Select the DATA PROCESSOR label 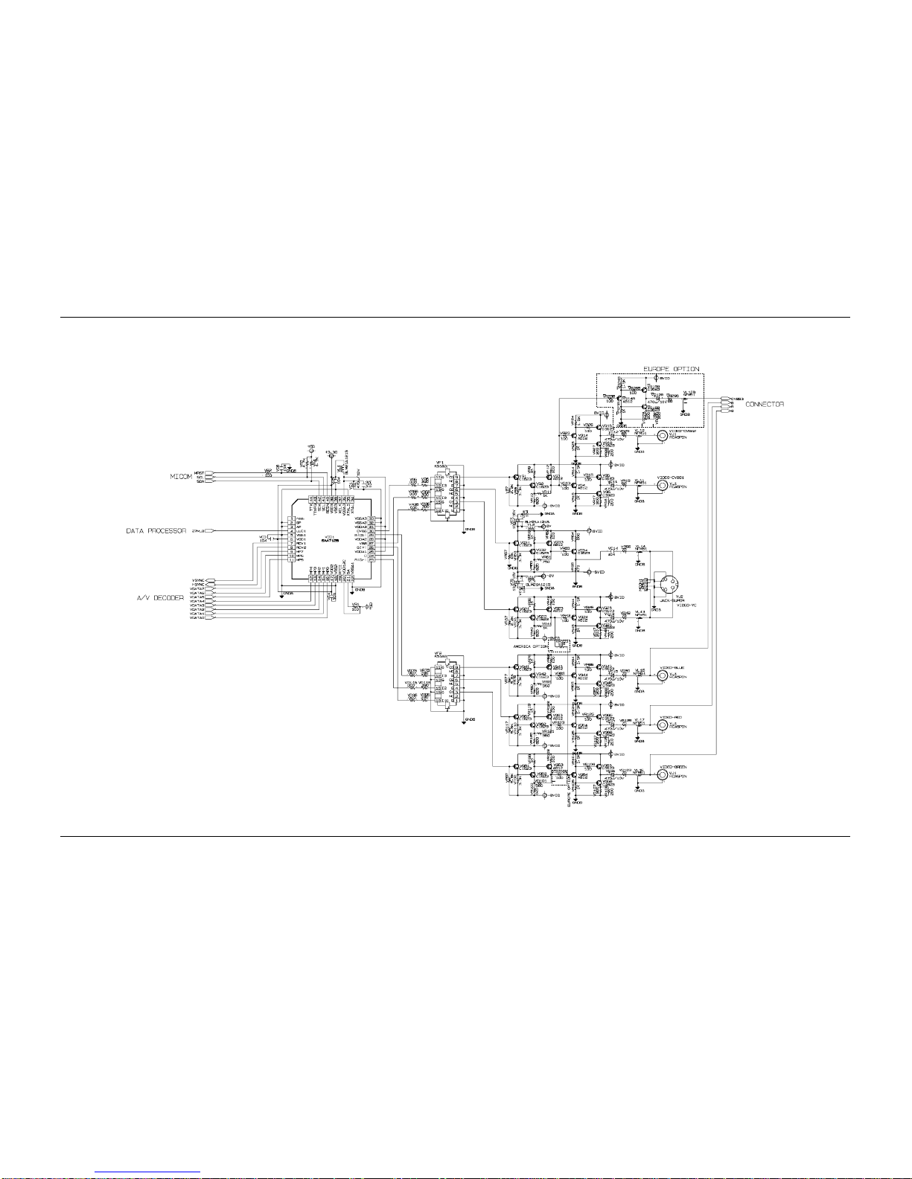pyautogui.click(x=156, y=531)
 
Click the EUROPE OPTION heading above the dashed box pyautogui.click(x=671, y=369)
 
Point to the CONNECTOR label pyautogui.click(x=765, y=404)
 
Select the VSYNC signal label pyautogui.click(x=198, y=579)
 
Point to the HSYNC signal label pyautogui.click(x=198, y=585)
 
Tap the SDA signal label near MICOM pyautogui.click(x=200, y=482)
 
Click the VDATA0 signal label pyautogui.click(x=197, y=618)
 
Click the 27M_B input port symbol pyautogui.click(x=211, y=531)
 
